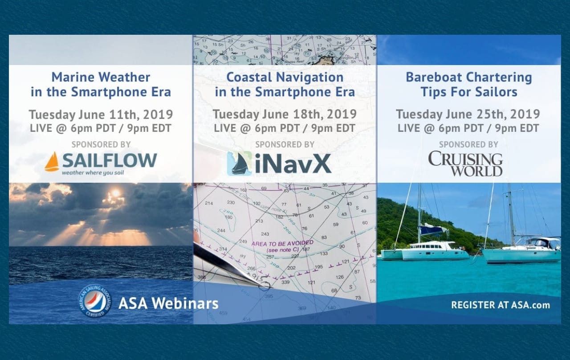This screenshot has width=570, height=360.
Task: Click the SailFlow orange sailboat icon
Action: point(52,162)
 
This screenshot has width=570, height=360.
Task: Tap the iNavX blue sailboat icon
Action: point(240,164)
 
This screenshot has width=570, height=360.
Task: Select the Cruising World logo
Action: point(465,164)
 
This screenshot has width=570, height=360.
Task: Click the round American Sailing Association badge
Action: point(95,301)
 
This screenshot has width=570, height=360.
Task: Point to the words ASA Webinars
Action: point(168,304)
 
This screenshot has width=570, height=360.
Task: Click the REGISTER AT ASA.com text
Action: point(500,305)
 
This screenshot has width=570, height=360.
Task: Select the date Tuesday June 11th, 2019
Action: point(101,114)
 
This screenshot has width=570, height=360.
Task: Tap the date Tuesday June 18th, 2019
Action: point(285,114)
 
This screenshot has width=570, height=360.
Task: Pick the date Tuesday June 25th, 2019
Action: point(468,114)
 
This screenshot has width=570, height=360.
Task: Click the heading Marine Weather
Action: point(101,77)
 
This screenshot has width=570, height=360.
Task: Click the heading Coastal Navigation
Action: point(285,77)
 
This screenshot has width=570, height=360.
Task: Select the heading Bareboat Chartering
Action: point(468,77)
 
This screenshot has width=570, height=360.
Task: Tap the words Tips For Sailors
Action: point(468,92)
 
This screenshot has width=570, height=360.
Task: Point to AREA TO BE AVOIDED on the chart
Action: point(277,244)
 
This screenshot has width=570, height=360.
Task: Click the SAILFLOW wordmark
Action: point(110,160)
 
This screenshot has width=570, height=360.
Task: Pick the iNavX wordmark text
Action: point(293,164)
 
